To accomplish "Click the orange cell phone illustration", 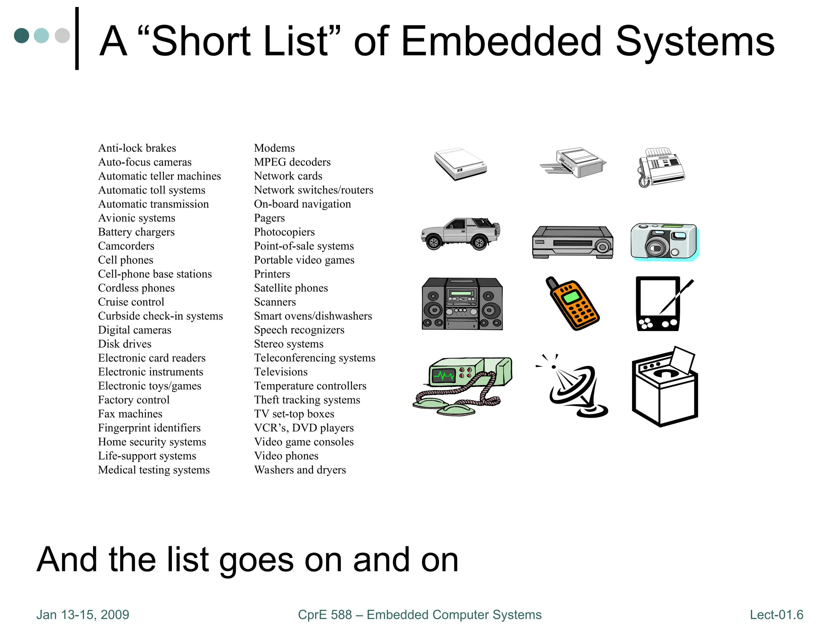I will click(x=573, y=304).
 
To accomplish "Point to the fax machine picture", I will click(x=661, y=167).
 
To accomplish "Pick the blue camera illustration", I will click(x=664, y=241).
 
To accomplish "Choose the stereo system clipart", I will click(x=462, y=304).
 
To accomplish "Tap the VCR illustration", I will click(x=573, y=242).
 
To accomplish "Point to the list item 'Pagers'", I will click(x=269, y=218).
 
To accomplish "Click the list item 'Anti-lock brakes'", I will click(x=137, y=148).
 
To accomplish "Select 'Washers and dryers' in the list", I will click(x=300, y=470).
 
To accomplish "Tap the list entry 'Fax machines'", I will click(x=130, y=414).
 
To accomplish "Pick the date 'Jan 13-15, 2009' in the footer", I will click(x=82, y=615).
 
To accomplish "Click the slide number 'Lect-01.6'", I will click(x=776, y=615).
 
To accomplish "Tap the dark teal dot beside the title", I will click(x=21, y=36).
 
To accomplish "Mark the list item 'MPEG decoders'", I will click(x=292, y=162).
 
